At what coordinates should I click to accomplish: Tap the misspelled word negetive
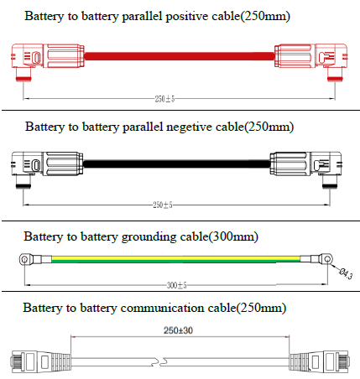click(x=189, y=127)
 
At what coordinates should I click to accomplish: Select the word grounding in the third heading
click(x=149, y=237)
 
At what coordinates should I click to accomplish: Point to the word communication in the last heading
click(x=162, y=308)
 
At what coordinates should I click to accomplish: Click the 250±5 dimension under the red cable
click(x=164, y=99)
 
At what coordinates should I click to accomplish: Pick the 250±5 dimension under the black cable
click(x=163, y=205)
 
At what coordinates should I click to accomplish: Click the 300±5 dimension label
click(x=176, y=285)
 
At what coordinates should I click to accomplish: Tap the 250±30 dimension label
click(x=178, y=330)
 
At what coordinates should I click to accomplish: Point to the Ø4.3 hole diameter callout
click(x=346, y=273)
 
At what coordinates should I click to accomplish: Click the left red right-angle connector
click(x=48, y=60)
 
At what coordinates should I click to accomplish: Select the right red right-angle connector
click(x=310, y=60)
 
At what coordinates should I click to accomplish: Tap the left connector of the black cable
click(x=47, y=169)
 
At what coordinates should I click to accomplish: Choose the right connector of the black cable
click(x=305, y=169)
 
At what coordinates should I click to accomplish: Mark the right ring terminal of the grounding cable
click(x=316, y=259)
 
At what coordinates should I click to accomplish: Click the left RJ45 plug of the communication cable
click(x=41, y=361)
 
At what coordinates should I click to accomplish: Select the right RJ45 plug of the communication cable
click(x=319, y=361)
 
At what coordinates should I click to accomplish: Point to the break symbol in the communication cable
click(x=159, y=361)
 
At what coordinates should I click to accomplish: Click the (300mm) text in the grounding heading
click(x=233, y=236)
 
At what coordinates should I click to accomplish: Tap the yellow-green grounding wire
click(x=175, y=259)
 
